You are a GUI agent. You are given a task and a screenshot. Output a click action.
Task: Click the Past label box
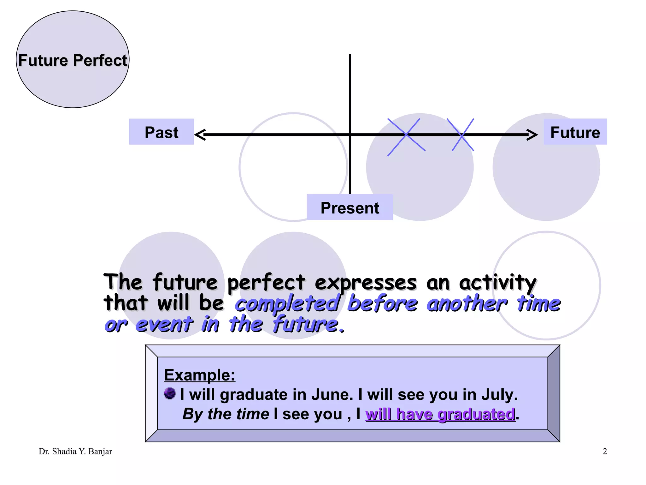pos(161,132)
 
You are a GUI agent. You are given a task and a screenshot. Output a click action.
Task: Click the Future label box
pos(575,132)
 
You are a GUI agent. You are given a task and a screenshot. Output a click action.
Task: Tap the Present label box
pos(349,207)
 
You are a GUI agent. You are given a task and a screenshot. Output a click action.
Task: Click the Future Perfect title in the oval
pos(73,60)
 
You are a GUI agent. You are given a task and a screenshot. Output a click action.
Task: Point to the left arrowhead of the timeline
pos(200,135)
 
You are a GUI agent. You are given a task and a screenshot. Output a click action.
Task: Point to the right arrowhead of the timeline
pos(532,135)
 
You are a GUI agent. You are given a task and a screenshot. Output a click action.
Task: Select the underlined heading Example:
pos(199,375)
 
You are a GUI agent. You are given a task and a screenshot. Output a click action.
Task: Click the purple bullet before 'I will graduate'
pos(170,393)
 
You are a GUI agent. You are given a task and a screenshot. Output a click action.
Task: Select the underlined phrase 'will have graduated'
pos(440,414)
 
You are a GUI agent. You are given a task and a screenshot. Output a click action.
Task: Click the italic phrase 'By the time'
pos(226,414)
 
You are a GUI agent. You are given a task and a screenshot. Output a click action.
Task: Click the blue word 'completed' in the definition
pos(287,304)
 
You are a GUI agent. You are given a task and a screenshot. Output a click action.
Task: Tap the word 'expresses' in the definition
pos(366,283)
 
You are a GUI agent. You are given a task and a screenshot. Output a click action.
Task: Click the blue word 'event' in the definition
pos(164,324)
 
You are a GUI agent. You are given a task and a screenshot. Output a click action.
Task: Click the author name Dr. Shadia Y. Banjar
pos(75,451)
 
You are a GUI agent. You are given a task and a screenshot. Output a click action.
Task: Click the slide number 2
pos(604,451)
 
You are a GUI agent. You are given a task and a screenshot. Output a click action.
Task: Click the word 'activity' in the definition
pos(497,283)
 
